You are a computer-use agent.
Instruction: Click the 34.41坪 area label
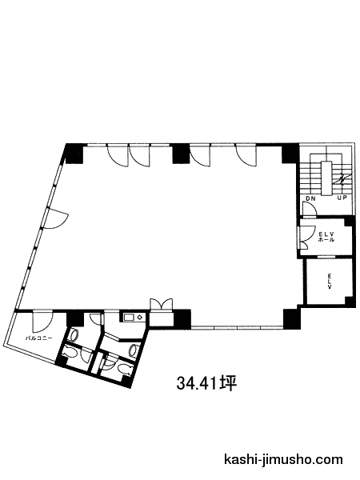(206, 383)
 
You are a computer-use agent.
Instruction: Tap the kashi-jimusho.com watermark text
(283, 459)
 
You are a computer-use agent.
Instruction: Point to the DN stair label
(310, 198)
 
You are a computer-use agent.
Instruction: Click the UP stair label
(342, 198)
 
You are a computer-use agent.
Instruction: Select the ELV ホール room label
(326, 238)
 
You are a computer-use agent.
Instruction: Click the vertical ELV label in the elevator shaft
(330, 281)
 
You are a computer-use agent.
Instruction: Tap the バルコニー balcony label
(38, 338)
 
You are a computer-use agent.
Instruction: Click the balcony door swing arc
(43, 322)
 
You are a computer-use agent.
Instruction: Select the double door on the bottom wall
(162, 305)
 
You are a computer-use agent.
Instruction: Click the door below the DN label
(309, 210)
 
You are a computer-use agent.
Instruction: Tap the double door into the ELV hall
(306, 238)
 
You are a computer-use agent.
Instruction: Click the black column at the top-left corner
(74, 153)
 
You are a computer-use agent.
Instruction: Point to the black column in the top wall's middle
(182, 153)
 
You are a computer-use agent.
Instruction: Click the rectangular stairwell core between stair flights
(326, 178)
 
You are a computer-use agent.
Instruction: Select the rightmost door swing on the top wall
(246, 155)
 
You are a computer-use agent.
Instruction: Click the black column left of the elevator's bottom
(292, 318)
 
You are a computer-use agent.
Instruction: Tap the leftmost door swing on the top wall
(117, 155)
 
